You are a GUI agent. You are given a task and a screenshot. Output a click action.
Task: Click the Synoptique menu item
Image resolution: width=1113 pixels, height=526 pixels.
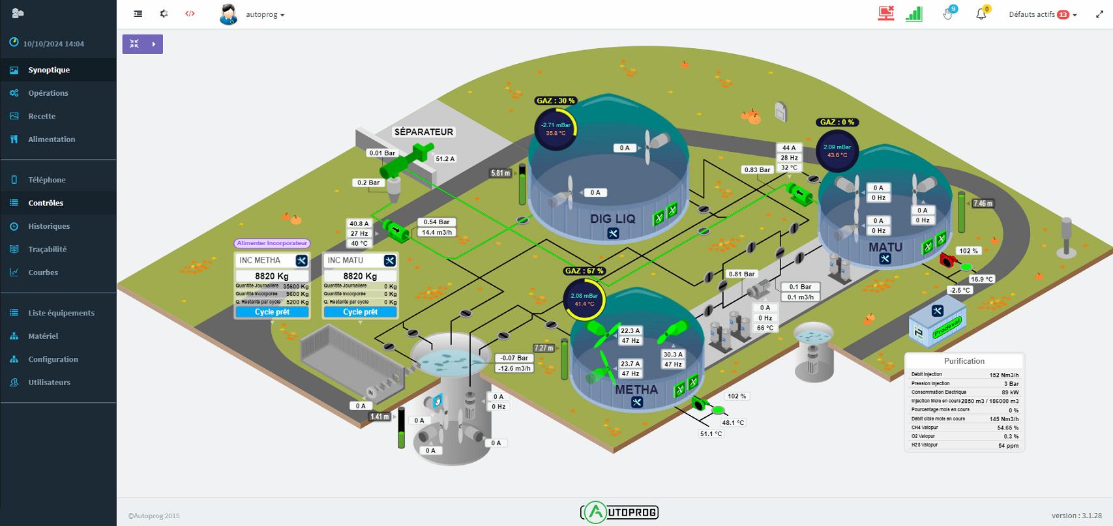(x=48, y=70)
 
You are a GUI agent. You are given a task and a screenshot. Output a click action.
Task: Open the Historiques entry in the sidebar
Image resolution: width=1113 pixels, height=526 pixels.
(x=48, y=226)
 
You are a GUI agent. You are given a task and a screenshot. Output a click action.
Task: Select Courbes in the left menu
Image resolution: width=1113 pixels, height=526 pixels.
(x=43, y=272)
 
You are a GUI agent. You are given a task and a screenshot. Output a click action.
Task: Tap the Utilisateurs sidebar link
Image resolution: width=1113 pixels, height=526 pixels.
(x=49, y=383)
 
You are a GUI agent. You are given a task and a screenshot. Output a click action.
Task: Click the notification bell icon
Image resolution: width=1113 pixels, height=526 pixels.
(x=981, y=14)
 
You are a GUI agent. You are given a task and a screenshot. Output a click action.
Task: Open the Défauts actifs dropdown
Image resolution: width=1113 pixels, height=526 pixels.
(x=1042, y=14)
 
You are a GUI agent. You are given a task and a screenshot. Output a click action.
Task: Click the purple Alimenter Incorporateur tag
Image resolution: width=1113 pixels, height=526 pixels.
(x=272, y=243)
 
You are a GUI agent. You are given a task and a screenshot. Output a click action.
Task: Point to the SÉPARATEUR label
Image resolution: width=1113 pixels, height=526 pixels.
(x=423, y=132)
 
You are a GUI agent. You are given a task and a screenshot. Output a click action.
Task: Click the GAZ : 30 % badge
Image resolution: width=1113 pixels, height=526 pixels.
(x=556, y=101)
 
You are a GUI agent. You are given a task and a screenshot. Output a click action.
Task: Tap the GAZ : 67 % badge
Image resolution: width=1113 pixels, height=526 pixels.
(x=584, y=271)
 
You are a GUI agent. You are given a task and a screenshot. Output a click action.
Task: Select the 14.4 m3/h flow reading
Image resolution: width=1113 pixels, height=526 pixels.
(x=436, y=232)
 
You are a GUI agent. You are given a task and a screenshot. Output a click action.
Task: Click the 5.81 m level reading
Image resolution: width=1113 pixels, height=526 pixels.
(x=501, y=173)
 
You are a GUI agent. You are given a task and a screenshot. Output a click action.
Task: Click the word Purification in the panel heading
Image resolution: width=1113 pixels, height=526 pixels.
(x=964, y=361)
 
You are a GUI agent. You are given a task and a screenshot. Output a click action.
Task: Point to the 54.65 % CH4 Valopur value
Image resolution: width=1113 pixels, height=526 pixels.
(x=1007, y=428)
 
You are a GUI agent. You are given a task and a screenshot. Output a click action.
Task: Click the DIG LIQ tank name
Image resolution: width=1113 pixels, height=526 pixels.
(x=612, y=219)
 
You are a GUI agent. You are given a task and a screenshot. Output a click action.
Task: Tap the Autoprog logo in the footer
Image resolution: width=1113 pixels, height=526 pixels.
(x=619, y=512)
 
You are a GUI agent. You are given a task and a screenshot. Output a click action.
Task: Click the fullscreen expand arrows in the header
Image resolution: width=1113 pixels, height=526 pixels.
(x=1099, y=14)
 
